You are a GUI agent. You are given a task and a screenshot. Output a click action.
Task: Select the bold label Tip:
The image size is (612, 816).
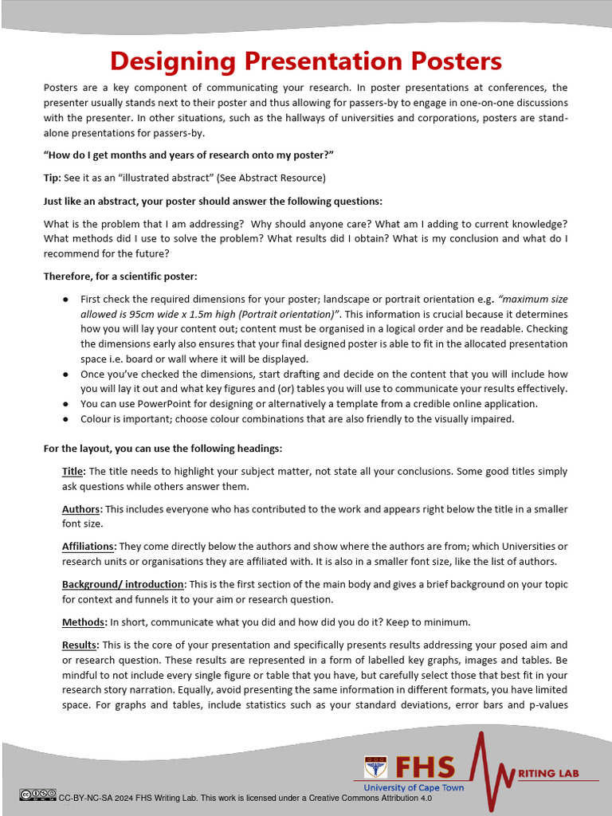tap(53, 178)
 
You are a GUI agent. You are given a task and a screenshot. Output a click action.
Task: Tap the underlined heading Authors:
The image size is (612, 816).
tap(82, 509)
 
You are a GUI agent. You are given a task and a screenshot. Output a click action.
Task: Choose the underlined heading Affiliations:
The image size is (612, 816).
tap(89, 547)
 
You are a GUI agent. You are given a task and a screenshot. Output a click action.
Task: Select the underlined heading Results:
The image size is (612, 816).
tap(80, 645)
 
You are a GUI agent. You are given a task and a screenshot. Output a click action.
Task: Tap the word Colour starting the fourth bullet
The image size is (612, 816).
tap(97, 419)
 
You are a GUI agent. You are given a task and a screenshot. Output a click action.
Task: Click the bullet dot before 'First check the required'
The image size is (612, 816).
tap(65, 300)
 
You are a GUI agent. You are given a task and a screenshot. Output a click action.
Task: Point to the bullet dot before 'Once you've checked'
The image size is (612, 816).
tap(65, 374)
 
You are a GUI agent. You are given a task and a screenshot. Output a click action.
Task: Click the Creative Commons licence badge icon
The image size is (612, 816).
tap(37, 794)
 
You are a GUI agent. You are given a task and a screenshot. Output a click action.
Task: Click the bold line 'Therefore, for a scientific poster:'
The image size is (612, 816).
tap(120, 277)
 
